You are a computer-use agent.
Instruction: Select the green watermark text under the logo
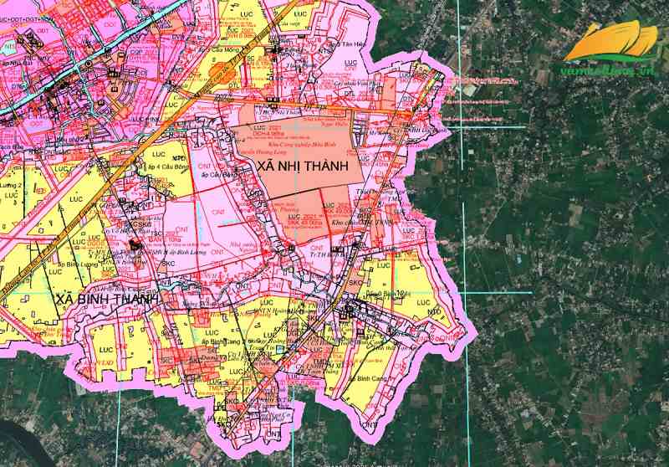tap(607, 72)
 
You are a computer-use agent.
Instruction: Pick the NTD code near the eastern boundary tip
tap(434, 312)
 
